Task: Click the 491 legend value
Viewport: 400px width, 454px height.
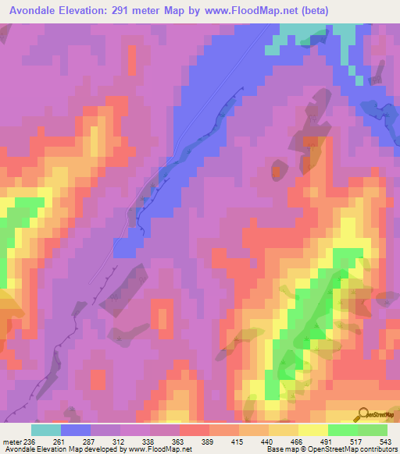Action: (328, 441)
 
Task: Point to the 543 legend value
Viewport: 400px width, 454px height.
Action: (384, 441)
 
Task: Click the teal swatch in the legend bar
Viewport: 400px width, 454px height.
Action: (46, 430)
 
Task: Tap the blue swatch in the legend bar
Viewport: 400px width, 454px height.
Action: (76, 430)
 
